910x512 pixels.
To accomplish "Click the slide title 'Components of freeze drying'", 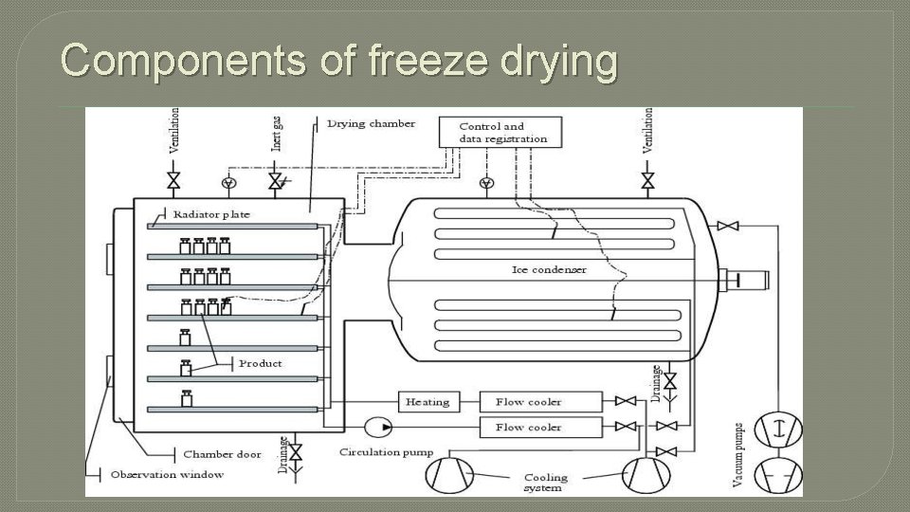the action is [339, 63].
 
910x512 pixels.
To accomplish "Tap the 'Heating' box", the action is [428, 402].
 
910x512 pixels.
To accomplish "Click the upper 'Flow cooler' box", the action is [540, 402].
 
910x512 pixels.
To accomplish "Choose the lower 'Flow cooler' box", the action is [540, 428].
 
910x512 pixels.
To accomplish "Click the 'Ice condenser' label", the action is [549, 270].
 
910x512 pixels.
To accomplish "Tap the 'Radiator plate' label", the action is [211, 214].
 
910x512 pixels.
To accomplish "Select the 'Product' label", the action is [260, 364].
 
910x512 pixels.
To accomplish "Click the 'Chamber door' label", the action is [221, 455].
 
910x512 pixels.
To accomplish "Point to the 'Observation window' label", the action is [167, 474].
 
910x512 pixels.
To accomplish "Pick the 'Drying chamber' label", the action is [363, 123].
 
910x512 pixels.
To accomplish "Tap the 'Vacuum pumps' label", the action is [738, 455].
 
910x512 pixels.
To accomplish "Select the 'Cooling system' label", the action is [545, 483].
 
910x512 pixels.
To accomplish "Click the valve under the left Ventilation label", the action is [173, 180].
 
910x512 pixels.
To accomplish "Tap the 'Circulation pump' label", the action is [386, 452].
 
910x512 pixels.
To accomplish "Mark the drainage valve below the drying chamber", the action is [296, 450].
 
